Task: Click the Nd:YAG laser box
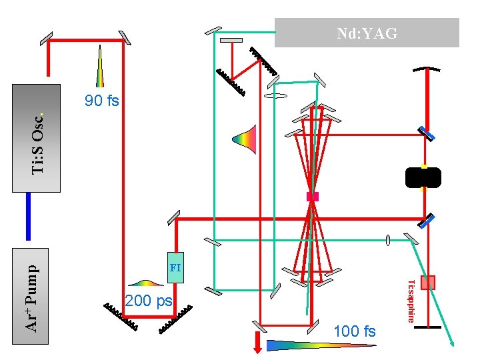tap(367, 33)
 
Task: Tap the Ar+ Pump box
tap(31, 295)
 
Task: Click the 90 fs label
tap(101, 101)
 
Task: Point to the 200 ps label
tap(148, 301)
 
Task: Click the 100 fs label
tap(354, 331)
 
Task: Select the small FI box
tap(175, 267)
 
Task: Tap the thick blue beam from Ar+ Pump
tap(29, 216)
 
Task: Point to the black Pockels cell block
tap(423, 177)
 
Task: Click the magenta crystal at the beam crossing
tap(311, 196)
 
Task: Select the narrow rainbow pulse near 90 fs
tap(99, 67)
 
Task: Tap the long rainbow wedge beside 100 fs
tap(320, 345)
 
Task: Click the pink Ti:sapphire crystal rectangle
tap(427, 282)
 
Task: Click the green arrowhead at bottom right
tap(453, 343)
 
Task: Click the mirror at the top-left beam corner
tap(47, 39)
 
